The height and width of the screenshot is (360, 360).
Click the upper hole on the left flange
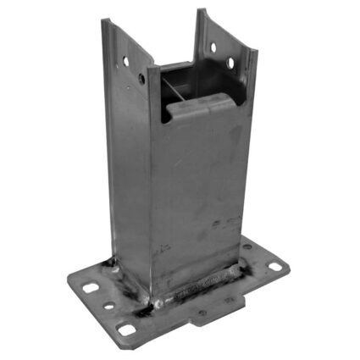point(125,62)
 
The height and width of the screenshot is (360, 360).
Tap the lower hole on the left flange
point(141,79)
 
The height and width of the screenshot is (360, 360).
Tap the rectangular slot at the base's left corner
point(90,288)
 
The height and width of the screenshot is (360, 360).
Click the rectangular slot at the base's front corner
point(127,330)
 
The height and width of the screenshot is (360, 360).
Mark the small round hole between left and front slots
point(108,306)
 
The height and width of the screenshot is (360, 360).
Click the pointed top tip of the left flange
point(104,21)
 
